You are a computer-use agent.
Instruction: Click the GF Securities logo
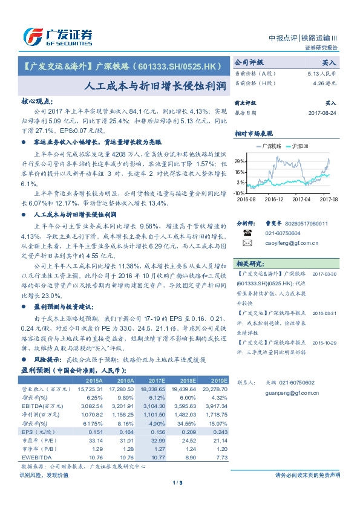click(x=57, y=36)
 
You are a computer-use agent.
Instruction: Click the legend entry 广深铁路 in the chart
click(x=269, y=146)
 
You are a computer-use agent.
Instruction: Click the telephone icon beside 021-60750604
click(x=247, y=232)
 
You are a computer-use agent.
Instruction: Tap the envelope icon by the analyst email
click(x=247, y=243)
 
